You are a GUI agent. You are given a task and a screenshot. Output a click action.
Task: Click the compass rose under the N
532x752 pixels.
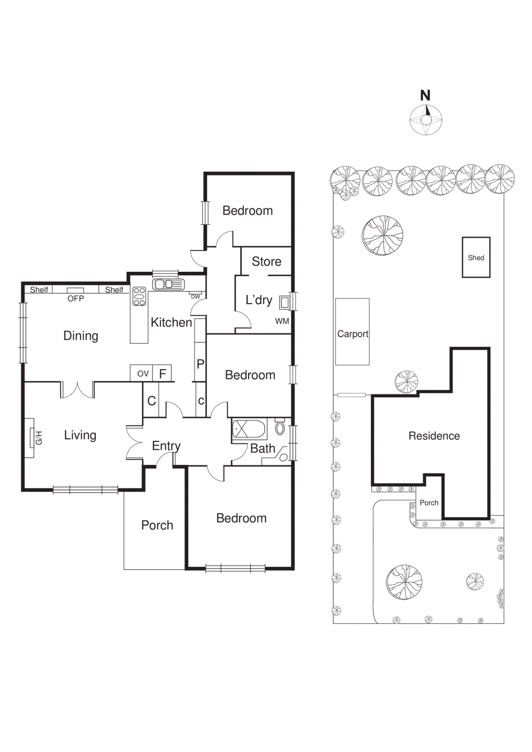coord(426,120)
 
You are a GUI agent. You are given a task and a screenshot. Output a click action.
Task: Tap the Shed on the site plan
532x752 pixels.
coord(476,258)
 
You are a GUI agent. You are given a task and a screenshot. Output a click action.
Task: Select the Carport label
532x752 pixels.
coord(352,334)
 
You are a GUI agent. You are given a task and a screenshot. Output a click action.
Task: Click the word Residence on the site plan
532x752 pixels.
coord(434,436)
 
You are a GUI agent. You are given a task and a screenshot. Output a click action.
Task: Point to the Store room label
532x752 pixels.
coord(266,261)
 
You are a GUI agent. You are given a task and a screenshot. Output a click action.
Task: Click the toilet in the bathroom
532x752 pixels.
coord(280,428)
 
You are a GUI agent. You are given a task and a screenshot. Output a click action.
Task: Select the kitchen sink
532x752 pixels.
coord(168,284)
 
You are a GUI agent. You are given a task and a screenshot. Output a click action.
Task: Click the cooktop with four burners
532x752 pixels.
coord(139,297)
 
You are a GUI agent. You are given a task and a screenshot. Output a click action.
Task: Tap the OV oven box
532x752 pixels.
coord(143,374)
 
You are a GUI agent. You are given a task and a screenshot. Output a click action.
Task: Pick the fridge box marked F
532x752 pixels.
coord(163,374)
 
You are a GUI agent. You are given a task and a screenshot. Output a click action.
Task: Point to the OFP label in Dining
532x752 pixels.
coord(76,298)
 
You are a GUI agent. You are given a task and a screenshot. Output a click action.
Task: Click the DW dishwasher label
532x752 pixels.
coord(196,297)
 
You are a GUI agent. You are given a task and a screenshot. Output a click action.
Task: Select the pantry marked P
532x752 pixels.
coord(201,363)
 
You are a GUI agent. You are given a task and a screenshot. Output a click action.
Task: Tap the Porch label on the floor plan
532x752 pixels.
coord(157,525)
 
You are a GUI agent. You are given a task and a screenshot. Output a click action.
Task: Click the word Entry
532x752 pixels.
coord(166,446)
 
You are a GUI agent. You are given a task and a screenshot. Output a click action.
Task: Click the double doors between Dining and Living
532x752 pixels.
coord(78,390)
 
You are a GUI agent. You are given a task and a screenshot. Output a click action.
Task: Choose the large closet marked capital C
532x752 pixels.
coord(151,400)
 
